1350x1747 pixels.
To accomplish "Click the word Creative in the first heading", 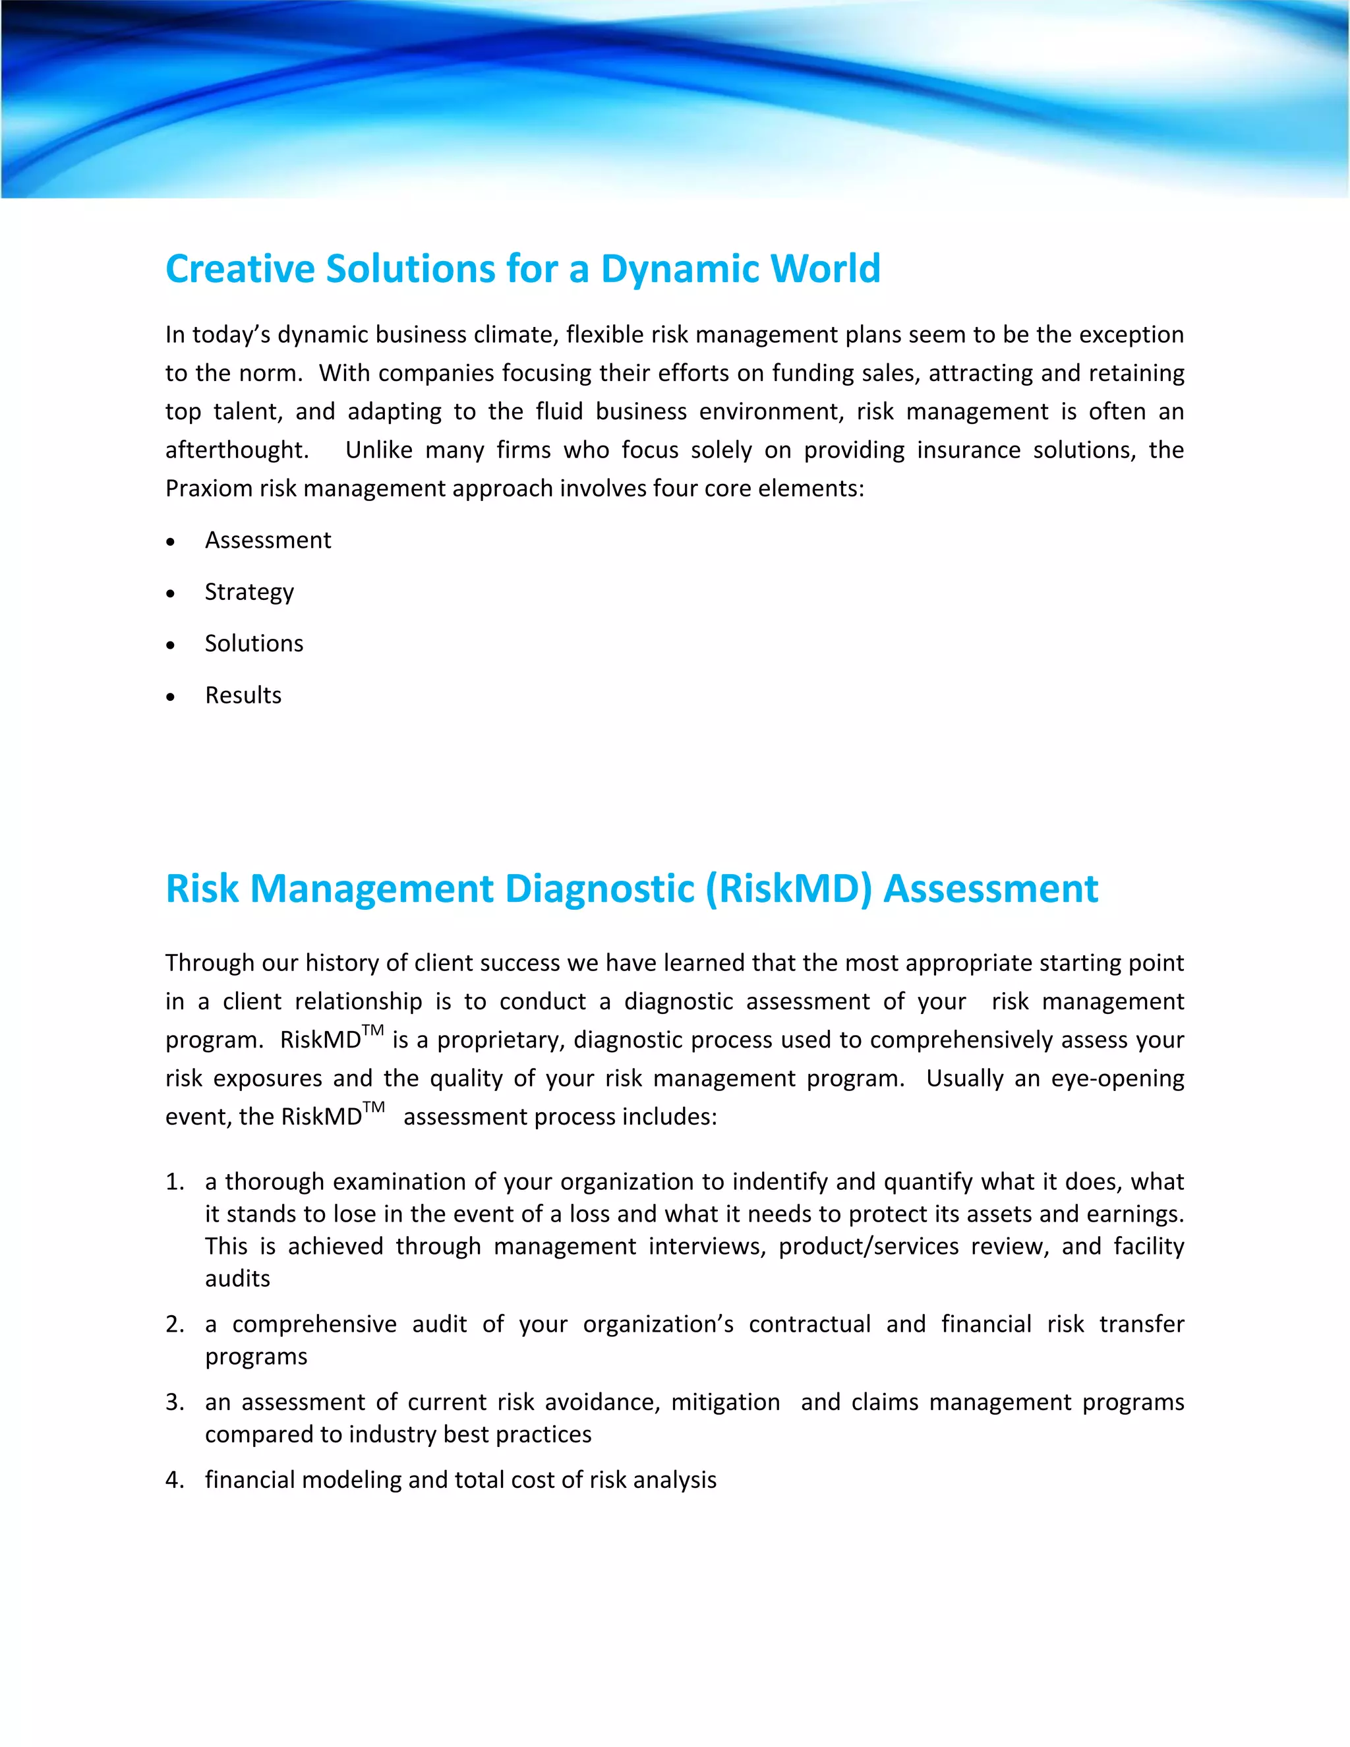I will (239, 270).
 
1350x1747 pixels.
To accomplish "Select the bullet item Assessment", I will (267, 541).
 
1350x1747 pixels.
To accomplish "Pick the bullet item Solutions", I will (254, 644).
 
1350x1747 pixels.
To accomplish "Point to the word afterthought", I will (236, 450).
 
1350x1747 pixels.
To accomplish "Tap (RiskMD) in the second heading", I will (788, 889).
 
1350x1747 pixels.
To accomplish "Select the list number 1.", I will (173, 1182).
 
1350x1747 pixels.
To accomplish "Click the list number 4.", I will (173, 1481).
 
